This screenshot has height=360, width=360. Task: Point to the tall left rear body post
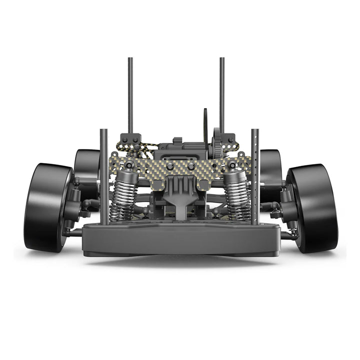point(130,95)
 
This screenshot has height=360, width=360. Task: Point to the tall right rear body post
point(222,95)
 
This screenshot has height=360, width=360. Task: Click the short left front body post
point(104,175)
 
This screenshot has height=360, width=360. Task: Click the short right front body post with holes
point(255,175)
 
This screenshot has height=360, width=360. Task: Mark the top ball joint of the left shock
point(129,164)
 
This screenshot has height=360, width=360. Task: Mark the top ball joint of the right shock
point(231,164)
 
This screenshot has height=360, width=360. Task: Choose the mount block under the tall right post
point(229,139)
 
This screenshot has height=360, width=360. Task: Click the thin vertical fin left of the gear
point(204,125)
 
